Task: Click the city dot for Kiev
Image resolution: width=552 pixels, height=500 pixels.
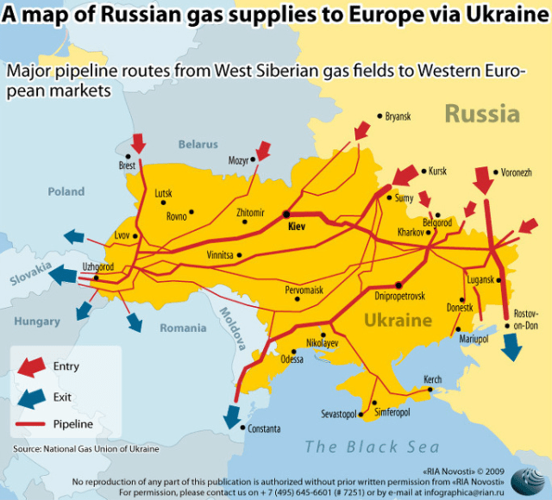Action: click(x=285, y=214)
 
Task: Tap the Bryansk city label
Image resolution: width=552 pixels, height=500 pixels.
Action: click(x=398, y=116)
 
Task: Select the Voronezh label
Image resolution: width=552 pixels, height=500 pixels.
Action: click(x=515, y=173)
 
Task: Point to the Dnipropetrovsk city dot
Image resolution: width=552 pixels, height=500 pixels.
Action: click(x=398, y=284)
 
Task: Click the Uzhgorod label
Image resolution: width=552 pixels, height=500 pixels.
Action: click(x=97, y=266)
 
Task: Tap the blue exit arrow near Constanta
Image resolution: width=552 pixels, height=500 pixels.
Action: click(x=231, y=415)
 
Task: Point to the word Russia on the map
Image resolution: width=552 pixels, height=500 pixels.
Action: click(x=481, y=114)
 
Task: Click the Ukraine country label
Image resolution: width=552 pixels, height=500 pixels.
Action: click(x=397, y=321)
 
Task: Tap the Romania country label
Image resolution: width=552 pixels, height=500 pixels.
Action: click(x=183, y=328)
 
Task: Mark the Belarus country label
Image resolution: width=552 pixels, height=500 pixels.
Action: click(x=198, y=145)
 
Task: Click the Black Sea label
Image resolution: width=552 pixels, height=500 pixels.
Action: click(x=372, y=447)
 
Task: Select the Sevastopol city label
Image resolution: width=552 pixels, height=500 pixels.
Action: click(x=338, y=415)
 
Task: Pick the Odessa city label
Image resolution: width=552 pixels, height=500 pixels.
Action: click(x=292, y=359)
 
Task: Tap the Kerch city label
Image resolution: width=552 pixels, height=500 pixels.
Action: click(x=432, y=379)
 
